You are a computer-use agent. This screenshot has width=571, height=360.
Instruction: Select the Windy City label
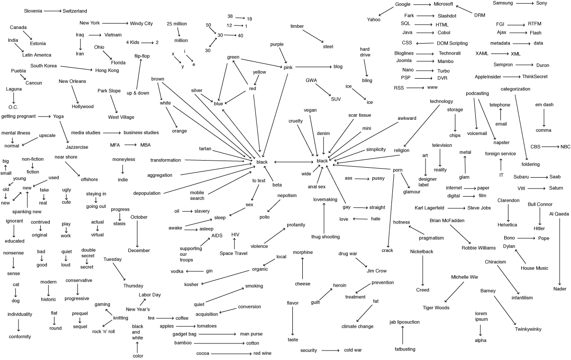142,23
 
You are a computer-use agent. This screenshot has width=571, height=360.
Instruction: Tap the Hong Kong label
107,70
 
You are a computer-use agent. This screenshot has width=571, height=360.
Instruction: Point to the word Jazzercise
77,147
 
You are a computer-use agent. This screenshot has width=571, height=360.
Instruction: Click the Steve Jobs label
479,208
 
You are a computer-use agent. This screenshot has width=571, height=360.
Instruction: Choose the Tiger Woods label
435,308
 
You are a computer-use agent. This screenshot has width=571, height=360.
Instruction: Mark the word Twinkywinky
527,329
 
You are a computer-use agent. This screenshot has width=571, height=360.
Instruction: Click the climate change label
364,326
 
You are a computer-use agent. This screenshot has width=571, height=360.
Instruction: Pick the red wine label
262,353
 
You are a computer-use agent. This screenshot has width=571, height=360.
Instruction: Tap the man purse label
251,334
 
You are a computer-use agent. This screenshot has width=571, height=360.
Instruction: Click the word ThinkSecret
538,76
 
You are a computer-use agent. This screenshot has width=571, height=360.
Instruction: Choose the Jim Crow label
376,271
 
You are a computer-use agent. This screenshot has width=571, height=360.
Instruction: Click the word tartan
205,149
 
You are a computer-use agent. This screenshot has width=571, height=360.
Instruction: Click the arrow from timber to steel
311,36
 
